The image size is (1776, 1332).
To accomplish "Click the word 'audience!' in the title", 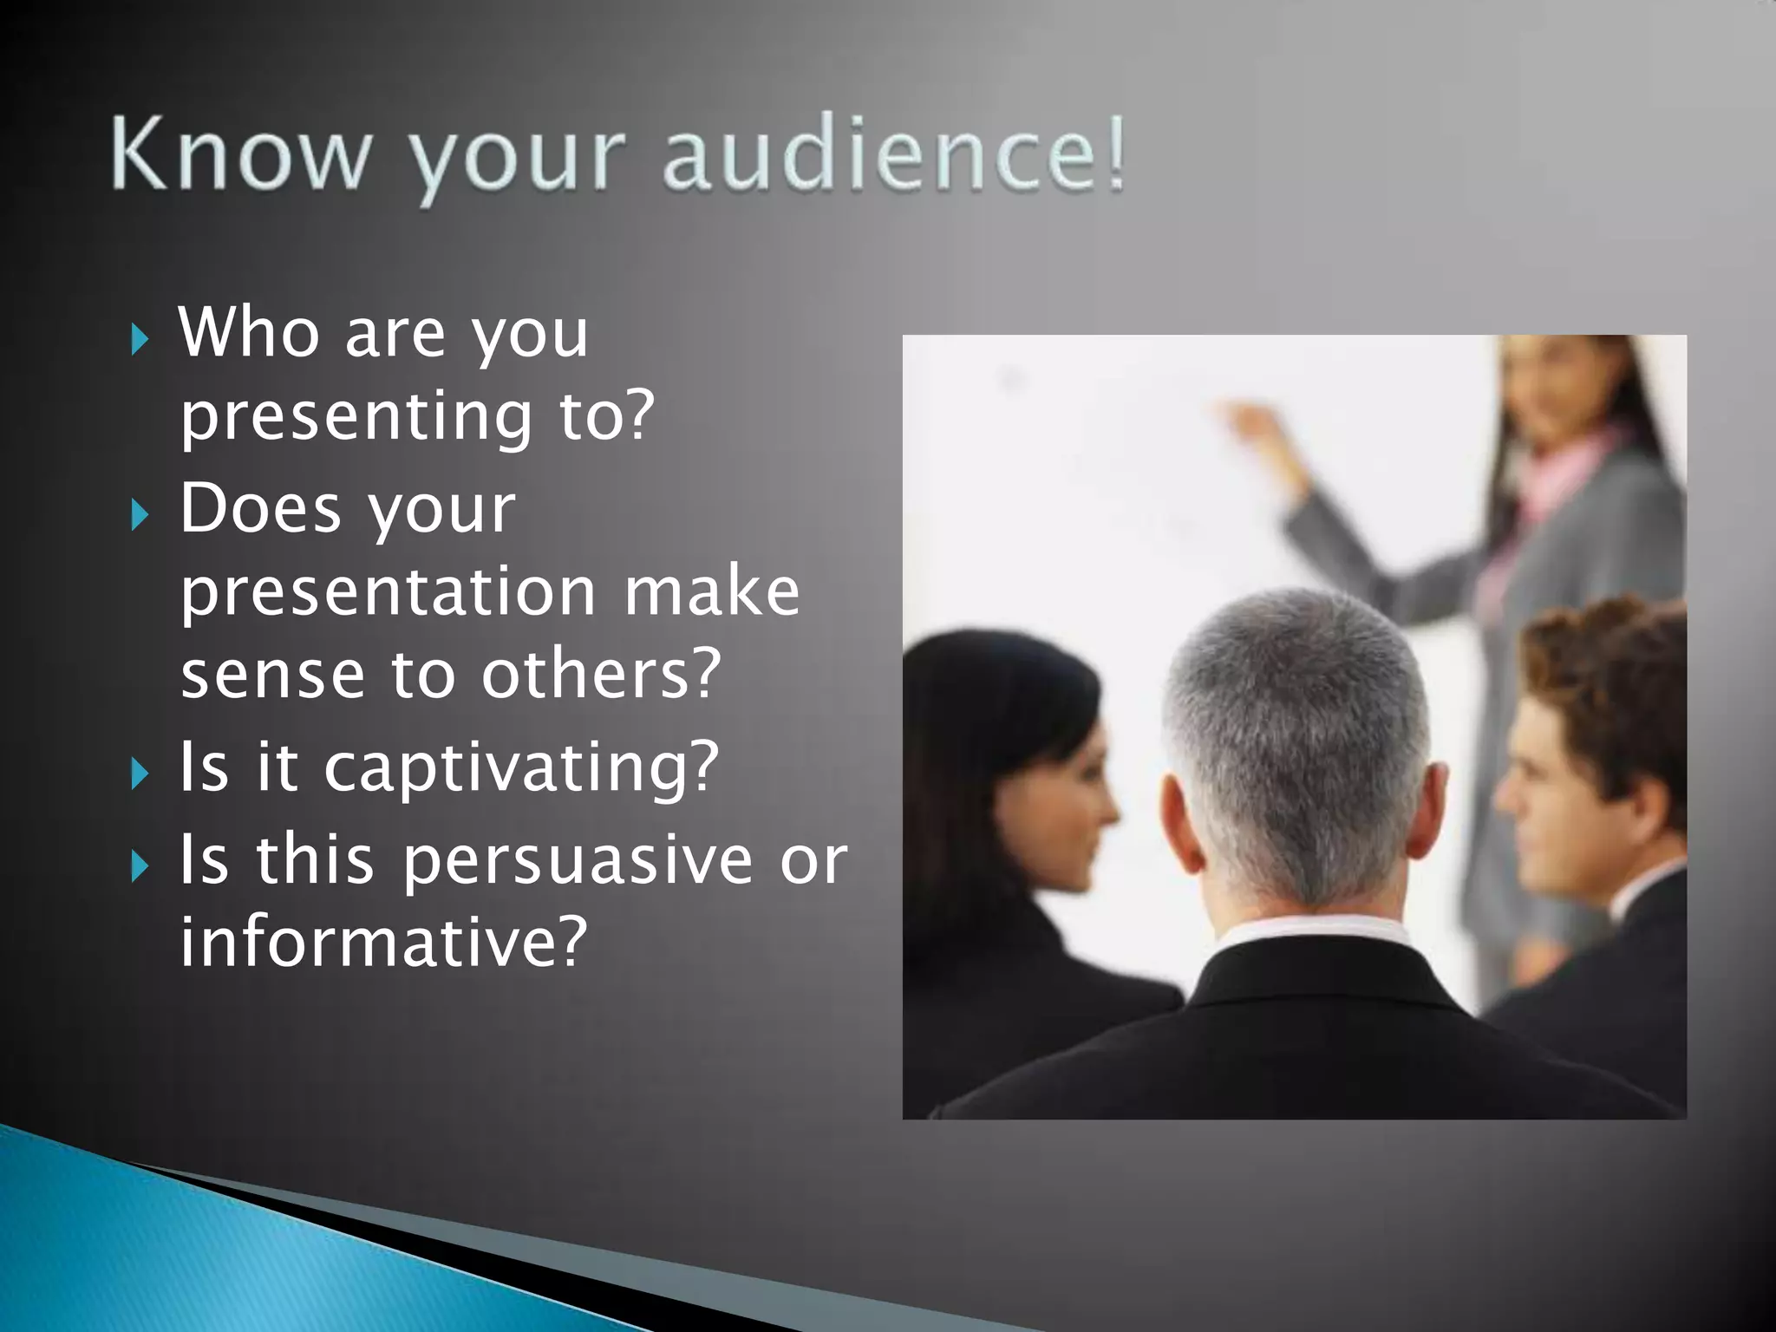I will [893, 156].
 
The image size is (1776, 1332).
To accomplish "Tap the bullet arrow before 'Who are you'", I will [140, 339].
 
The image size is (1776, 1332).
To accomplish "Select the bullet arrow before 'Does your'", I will [140, 515].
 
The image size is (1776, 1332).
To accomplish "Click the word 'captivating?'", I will [521, 768].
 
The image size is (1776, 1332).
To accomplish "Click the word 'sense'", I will [272, 676].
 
